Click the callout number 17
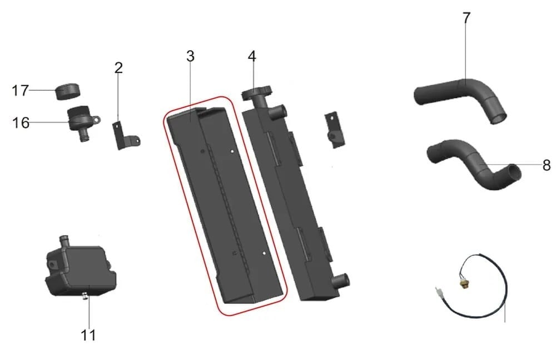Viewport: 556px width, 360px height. click(20, 90)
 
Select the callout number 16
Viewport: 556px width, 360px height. click(21, 123)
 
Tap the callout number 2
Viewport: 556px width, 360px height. click(118, 67)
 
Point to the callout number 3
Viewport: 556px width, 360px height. click(190, 56)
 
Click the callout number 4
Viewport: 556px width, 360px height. click(252, 56)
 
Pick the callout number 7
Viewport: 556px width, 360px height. click(466, 18)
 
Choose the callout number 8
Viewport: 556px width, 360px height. click(547, 165)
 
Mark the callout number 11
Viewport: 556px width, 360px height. click(88, 335)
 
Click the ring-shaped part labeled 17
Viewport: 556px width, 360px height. click(68, 91)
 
